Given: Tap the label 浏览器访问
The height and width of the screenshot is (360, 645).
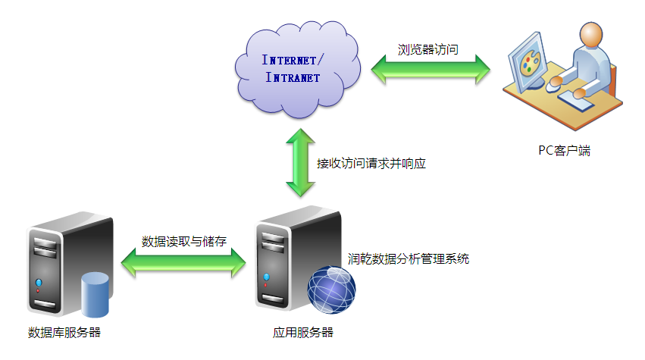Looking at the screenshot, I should [x=428, y=50].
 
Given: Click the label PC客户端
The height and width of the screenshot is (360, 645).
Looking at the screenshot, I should [x=560, y=150].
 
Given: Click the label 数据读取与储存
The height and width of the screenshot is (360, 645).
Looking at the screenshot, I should [x=184, y=241].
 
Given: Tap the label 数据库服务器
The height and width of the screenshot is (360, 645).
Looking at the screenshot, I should [x=64, y=332].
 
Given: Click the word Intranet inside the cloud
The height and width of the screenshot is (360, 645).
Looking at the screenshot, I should [x=293, y=77].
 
